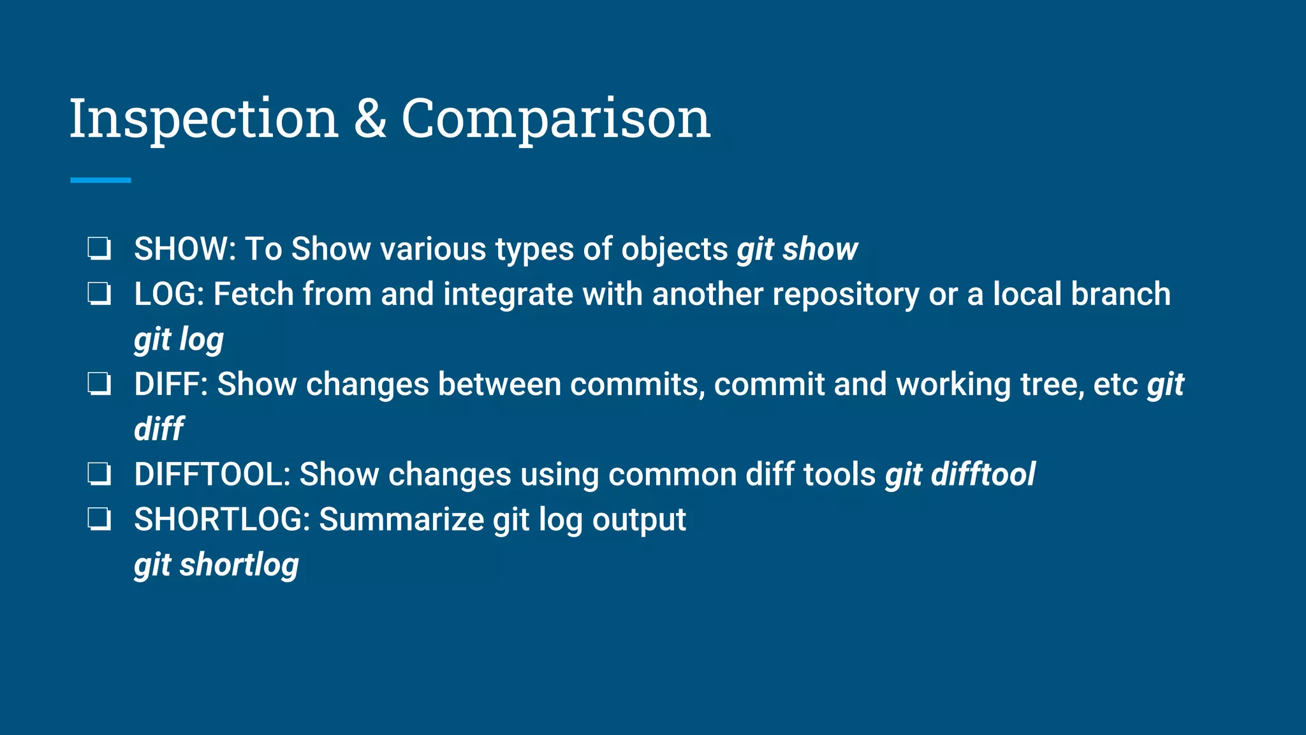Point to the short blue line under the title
click(100, 181)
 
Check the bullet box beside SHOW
click(99, 249)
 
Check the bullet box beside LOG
click(99, 294)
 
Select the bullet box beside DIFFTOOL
click(99, 475)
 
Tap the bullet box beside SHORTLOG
click(99, 520)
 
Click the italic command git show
click(797, 249)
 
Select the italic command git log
click(179, 339)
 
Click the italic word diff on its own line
click(159, 429)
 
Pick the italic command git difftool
click(960, 475)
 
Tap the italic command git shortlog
click(216, 565)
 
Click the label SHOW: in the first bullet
click(185, 249)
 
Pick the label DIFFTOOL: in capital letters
click(212, 475)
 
